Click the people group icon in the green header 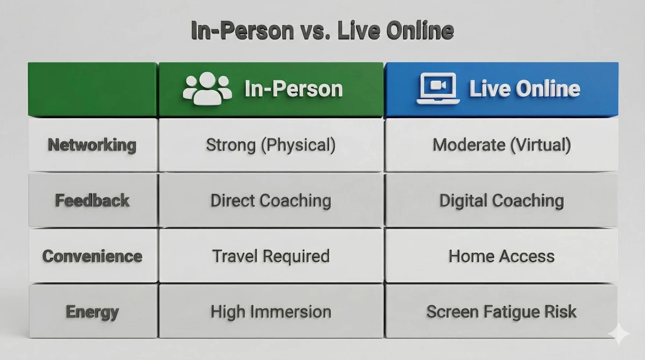coord(207,89)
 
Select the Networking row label coord(92,145)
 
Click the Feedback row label coord(92,201)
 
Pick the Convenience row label coord(92,256)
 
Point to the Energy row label coord(92,312)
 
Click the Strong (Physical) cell coord(271,145)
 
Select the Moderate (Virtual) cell coord(501,145)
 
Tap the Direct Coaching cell coord(271,201)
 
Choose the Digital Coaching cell coord(501,201)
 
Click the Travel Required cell coord(271,256)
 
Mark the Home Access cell coord(501,256)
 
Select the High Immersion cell coord(271,312)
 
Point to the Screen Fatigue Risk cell coord(501,312)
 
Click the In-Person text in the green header coord(293,89)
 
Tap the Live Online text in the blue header coord(525,89)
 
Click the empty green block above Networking coord(92,89)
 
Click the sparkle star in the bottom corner coord(619,335)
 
